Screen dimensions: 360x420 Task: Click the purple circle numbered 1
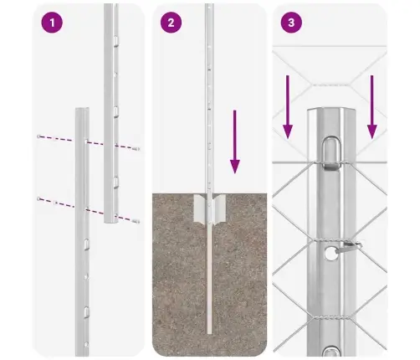click(x=52, y=23)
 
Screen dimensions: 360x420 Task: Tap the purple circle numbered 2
click(x=172, y=23)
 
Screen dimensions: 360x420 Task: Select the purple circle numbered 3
click(x=290, y=23)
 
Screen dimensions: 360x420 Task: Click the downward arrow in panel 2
click(x=235, y=142)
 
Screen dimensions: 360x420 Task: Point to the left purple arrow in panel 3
click(x=287, y=105)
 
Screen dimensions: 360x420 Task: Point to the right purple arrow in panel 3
click(x=371, y=105)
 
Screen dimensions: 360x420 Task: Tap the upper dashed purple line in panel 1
click(x=88, y=142)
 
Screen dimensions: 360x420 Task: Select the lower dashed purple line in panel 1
click(x=88, y=209)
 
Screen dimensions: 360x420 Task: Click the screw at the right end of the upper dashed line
click(x=136, y=150)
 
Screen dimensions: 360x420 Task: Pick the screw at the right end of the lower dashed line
click(x=136, y=221)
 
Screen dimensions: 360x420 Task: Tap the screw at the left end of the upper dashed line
click(x=40, y=136)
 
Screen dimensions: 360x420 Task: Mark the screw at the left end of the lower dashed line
click(x=40, y=198)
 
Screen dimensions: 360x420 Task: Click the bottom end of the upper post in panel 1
click(x=112, y=222)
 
